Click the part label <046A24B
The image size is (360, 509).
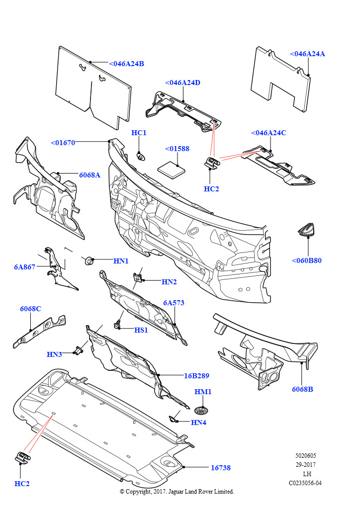point(126,64)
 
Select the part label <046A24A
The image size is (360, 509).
point(307,54)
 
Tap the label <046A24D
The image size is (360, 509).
point(182,83)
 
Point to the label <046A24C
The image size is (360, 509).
point(269,133)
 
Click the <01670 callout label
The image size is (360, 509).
point(63,143)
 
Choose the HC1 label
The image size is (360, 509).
point(139,133)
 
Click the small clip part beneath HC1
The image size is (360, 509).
point(141,157)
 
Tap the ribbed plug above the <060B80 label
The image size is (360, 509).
point(307,230)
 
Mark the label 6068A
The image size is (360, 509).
point(90,175)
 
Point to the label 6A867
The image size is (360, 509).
point(25,267)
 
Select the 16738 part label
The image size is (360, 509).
point(220,468)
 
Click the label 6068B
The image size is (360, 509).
point(302,389)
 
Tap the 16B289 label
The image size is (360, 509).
point(196,376)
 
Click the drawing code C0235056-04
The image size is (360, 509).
point(305,483)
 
